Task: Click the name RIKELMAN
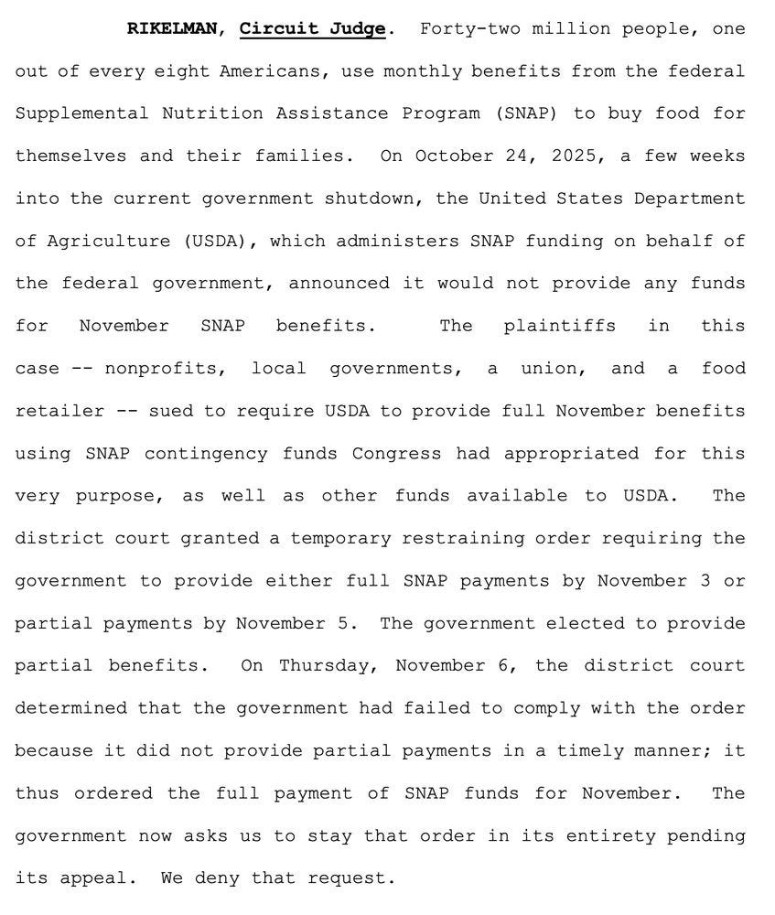point(172,28)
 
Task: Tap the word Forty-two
point(466,28)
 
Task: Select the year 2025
point(575,156)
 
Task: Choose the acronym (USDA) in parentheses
point(219,241)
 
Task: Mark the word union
point(552,369)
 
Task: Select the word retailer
point(59,411)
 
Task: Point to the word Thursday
point(326,665)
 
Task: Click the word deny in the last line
point(228,878)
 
